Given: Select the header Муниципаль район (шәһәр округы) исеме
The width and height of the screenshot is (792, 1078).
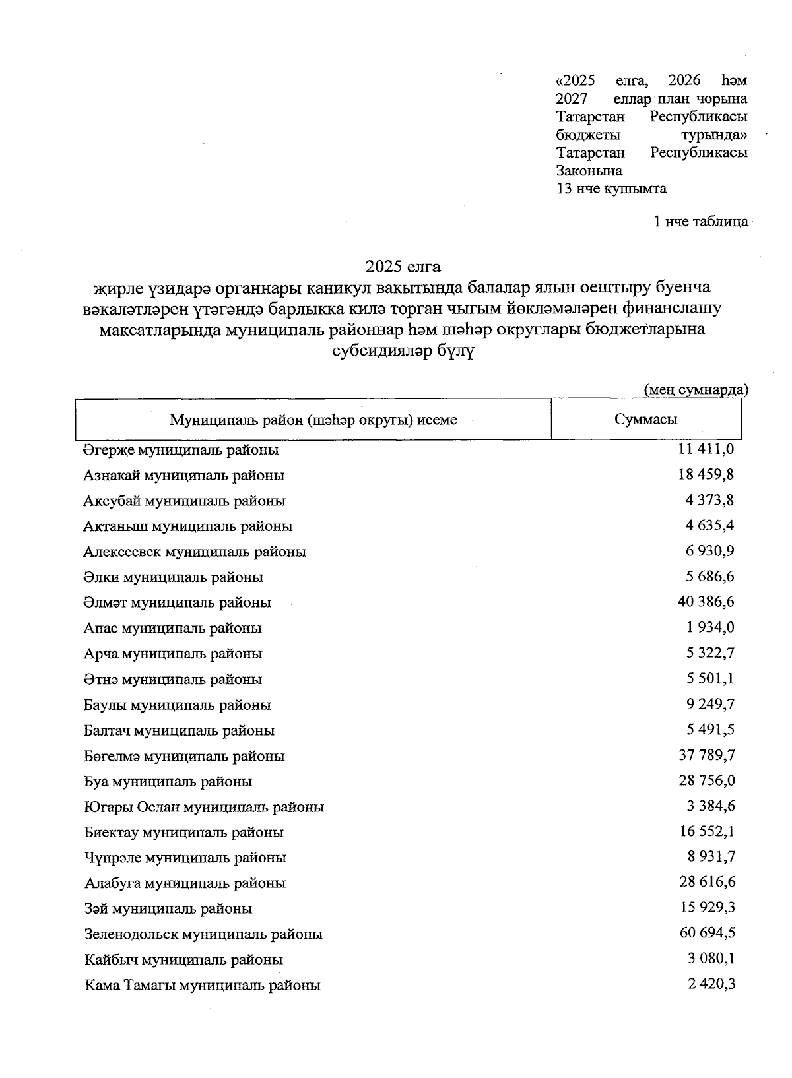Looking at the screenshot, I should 313,420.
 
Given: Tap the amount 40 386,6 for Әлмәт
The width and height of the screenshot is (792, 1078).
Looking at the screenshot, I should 707,602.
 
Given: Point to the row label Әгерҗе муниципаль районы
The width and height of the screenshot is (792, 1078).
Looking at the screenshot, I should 181,450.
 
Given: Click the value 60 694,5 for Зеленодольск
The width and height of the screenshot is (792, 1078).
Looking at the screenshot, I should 707,933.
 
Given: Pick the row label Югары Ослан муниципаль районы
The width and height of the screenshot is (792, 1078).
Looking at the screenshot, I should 204,807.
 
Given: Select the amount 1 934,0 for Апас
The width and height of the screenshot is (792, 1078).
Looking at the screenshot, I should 710,627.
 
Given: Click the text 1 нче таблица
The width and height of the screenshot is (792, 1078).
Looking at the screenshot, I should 700,222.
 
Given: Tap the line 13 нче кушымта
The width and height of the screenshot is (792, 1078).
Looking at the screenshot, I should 611,189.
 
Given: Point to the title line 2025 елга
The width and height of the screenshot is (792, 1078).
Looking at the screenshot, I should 403,267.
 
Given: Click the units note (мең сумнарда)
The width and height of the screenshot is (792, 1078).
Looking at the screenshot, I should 696,389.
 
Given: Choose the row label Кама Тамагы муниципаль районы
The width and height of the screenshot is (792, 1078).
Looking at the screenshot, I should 203,986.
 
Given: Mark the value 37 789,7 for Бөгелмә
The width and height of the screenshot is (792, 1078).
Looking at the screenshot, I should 707,755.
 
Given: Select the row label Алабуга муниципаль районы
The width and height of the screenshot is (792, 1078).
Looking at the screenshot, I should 185,883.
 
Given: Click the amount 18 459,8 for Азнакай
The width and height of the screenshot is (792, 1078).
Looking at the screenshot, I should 707,474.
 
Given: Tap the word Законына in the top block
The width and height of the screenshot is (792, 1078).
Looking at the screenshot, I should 589,171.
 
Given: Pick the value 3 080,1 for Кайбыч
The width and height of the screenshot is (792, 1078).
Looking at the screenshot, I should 711,959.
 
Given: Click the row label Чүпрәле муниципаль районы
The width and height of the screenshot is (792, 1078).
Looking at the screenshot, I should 185,858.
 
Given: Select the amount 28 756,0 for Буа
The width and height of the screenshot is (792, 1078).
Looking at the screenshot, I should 707,781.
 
